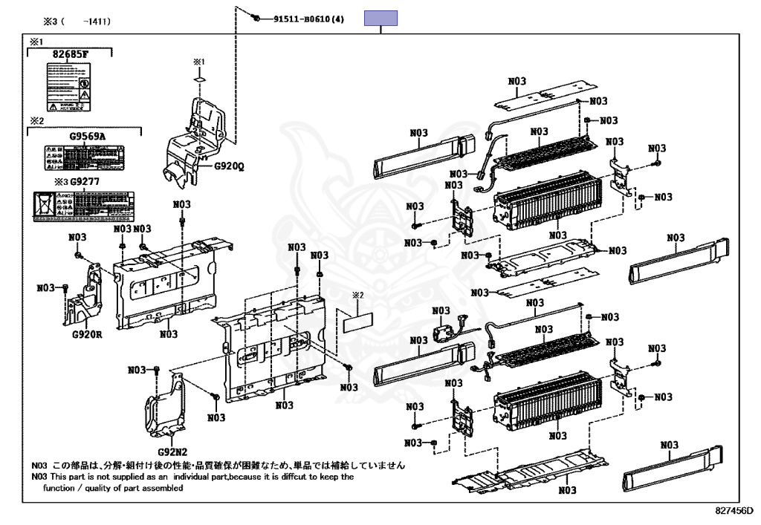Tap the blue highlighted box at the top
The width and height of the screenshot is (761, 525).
(x=380, y=19)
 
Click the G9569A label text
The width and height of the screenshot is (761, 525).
(x=88, y=137)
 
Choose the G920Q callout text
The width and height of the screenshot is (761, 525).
(x=229, y=166)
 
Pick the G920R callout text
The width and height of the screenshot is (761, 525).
(x=87, y=333)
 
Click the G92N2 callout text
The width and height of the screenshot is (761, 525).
(x=172, y=451)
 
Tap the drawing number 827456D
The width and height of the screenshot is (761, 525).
(x=734, y=511)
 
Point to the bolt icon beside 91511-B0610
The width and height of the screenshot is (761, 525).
(x=256, y=17)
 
